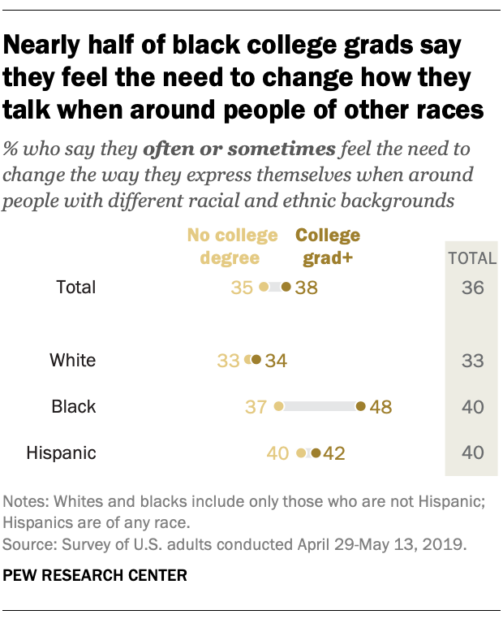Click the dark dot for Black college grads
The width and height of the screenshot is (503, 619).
[x=360, y=406]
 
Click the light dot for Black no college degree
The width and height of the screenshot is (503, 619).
[x=278, y=406]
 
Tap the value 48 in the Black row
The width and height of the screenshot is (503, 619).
[x=380, y=406]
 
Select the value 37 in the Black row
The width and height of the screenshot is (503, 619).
[x=256, y=406]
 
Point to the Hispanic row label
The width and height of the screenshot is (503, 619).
[x=61, y=452]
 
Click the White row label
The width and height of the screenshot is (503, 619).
[x=72, y=360]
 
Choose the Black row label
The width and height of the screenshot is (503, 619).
[x=74, y=406]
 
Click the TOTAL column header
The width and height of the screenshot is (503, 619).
[x=471, y=258]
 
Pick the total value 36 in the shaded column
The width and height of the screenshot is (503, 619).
[x=471, y=287]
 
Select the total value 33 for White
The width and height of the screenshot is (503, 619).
[x=471, y=360]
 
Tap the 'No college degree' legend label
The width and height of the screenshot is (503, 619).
[x=232, y=247]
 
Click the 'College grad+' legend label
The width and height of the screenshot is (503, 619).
[x=328, y=247]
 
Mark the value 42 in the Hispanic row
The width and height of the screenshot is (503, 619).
[x=334, y=452]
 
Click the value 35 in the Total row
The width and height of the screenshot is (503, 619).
[x=241, y=287]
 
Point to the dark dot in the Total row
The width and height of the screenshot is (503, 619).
[x=286, y=287]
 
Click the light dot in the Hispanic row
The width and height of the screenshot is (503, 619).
[x=301, y=452]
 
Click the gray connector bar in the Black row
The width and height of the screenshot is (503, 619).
[x=320, y=406]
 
